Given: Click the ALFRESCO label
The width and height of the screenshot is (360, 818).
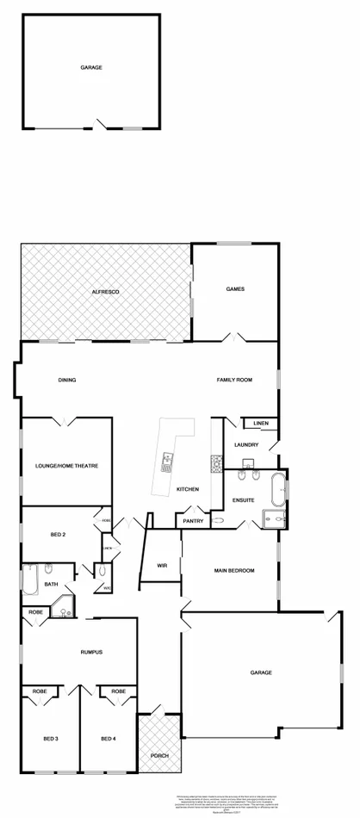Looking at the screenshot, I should [105, 293].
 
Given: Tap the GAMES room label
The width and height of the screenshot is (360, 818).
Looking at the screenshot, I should [235, 289].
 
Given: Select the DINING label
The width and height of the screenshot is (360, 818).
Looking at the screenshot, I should [67, 380].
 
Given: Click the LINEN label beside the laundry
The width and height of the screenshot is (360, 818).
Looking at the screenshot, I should [261, 423].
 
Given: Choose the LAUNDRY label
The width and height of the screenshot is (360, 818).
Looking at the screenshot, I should [246, 444].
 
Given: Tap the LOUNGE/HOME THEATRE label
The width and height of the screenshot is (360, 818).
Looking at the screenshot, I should [67, 466].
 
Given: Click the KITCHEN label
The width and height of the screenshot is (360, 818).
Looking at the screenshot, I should [189, 489].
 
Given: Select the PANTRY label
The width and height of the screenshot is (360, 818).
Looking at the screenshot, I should [193, 521].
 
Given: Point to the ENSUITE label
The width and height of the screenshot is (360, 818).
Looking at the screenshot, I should [244, 499].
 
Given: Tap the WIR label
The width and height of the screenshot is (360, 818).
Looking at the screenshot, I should [161, 565].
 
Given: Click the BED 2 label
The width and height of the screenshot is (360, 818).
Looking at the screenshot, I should [58, 535].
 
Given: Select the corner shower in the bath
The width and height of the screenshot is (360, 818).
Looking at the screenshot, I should [64, 610].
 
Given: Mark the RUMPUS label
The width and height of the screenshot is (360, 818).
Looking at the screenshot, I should [92, 652].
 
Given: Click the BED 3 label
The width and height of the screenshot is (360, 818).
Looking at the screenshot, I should [51, 738].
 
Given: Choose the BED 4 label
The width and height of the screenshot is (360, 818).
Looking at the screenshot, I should [108, 738].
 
